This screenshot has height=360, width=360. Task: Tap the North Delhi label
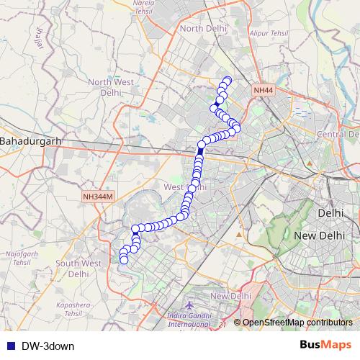pyautogui.click(x=203, y=28)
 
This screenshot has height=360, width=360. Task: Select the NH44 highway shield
pyautogui.click(x=263, y=90)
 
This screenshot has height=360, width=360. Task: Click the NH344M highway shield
pyautogui.click(x=97, y=195)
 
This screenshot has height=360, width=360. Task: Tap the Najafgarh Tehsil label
pyautogui.click(x=21, y=258)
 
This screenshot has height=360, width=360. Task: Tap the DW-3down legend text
pyautogui.click(x=48, y=346)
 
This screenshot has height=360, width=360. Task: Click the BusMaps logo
pyautogui.click(x=325, y=345)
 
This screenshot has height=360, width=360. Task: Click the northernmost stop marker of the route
pyautogui.click(x=228, y=81)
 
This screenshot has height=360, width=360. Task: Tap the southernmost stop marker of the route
pyautogui.click(x=124, y=259)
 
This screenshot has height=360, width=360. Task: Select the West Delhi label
pyautogui.click(x=185, y=187)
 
